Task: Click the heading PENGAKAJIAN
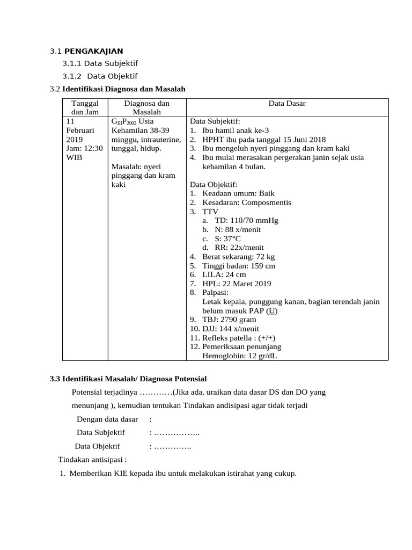point(93,52)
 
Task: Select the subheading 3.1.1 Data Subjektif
point(100,64)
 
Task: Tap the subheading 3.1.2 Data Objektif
point(100,76)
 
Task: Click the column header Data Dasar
point(287,103)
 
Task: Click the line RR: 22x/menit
point(233,248)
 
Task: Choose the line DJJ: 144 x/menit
point(224,329)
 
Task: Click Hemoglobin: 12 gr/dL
point(240,356)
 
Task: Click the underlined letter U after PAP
point(273,311)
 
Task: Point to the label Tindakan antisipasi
point(92,460)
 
